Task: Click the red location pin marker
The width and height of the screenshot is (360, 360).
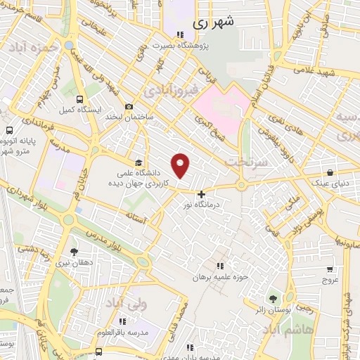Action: click(x=181, y=166)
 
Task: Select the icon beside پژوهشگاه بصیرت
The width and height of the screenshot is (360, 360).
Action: click(x=181, y=34)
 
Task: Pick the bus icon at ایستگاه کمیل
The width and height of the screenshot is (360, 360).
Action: click(x=79, y=99)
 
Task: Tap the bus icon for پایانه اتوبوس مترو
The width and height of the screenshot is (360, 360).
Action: click(x=9, y=130)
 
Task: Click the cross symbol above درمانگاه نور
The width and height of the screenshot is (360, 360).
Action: click(x=202, y=193)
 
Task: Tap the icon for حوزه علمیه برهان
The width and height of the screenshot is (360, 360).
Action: click(x=220, y=266)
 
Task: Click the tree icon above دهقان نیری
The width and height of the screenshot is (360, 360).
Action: click(x=75, y=250)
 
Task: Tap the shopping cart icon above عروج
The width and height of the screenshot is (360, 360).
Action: click(x=330, y=269)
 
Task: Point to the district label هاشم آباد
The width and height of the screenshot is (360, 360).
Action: click(x=288, y=329)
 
